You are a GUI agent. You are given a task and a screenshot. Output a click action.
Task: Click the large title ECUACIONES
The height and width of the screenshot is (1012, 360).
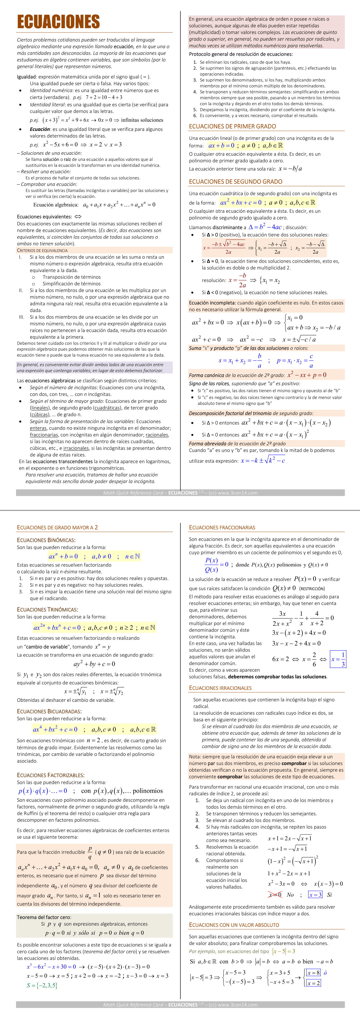58,22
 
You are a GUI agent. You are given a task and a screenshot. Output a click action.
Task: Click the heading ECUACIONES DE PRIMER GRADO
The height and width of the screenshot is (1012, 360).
232,127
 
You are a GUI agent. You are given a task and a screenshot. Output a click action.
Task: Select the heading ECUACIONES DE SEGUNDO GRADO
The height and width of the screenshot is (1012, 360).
235,182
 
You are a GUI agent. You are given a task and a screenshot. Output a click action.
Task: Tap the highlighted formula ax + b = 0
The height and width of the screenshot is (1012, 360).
221,146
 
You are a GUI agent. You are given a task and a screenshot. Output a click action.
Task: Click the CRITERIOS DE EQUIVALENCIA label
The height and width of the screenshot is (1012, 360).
42,250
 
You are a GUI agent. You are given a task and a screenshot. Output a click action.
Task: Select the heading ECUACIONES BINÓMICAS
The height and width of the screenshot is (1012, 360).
46,540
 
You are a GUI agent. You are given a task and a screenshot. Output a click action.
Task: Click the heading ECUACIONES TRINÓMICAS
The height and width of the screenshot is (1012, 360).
47,609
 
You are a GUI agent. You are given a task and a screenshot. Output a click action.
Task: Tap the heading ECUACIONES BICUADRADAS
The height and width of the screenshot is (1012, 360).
49,711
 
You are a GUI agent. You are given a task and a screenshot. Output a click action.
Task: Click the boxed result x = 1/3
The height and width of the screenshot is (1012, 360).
338,660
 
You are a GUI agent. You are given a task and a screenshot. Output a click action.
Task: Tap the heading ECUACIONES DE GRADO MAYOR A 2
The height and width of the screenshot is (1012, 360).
57,528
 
